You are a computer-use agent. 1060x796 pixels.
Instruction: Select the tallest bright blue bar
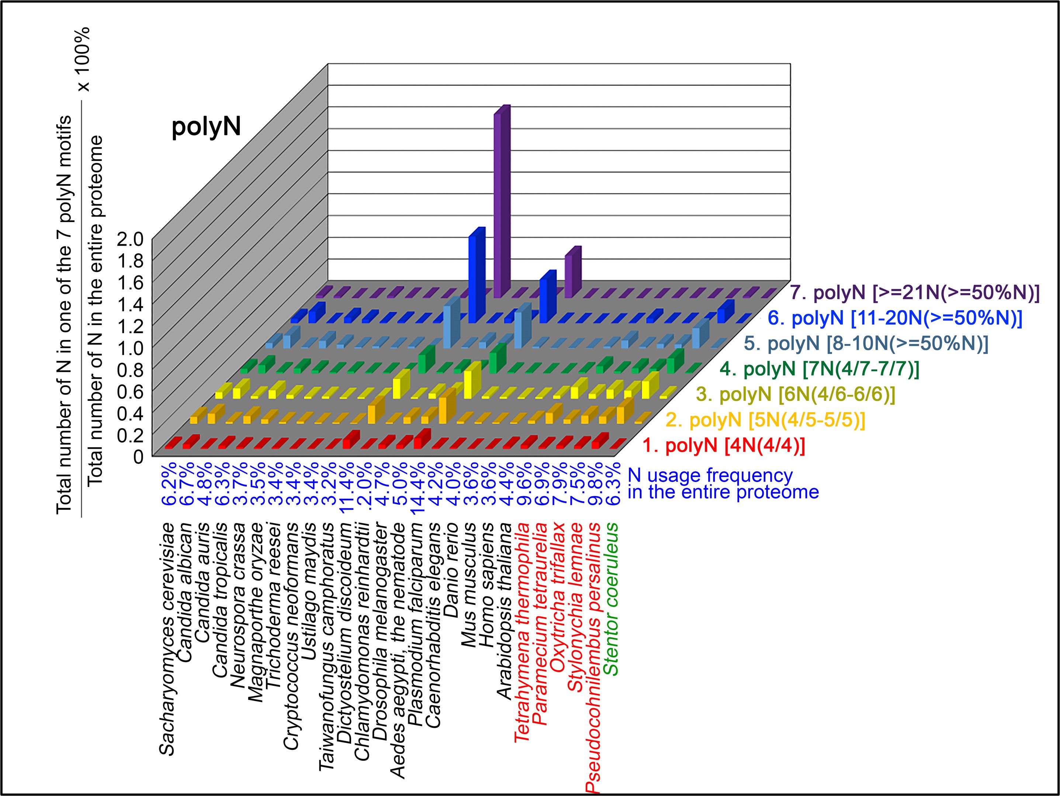[x=476, y=278]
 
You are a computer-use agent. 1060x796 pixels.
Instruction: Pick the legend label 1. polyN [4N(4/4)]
[x=723, y=446]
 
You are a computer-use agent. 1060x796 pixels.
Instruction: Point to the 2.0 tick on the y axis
[x=130, y=239]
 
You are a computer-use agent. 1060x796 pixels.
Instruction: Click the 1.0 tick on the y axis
[x=130, y=348]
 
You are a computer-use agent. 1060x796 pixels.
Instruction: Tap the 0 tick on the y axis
[x=138, y=456]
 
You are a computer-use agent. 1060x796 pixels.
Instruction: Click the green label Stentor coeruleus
[x=610, y=599]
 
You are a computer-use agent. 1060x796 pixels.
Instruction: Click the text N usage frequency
[x=710, y=476]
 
